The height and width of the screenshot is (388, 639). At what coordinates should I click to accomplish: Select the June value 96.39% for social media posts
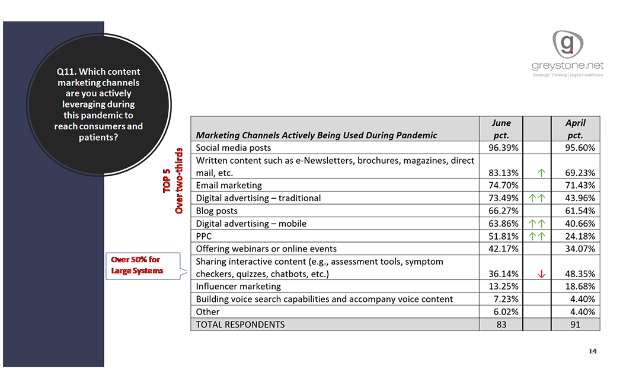pyautogui.click(x=503, y=148)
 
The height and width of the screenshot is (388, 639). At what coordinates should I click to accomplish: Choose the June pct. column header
pyautogui.click(x=501, y=129)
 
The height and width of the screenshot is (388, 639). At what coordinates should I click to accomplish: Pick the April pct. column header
pyautogui.click(x=575, y=129)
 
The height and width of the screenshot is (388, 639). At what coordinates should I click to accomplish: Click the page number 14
pyautogui.click(x=592, y=351)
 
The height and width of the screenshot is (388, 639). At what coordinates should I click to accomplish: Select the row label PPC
pyautogui.click(x=205, y=236)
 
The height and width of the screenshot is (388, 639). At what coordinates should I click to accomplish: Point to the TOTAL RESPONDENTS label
pyautogui.click(x=240, y=325)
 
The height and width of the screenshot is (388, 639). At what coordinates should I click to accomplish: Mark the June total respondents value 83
pyautogui.click(x=501, y=325)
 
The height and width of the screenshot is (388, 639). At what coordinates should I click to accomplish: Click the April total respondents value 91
pyautogui.click(x=575, y=325)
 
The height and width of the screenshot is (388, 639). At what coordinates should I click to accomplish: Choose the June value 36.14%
pyautogui.click(x=503, y=274)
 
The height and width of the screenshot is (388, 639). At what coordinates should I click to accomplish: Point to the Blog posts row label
pyautogui.click(x=217, y=211)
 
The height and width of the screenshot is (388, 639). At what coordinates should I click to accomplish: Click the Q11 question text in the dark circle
pyautogui.click(x=98, y=104)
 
